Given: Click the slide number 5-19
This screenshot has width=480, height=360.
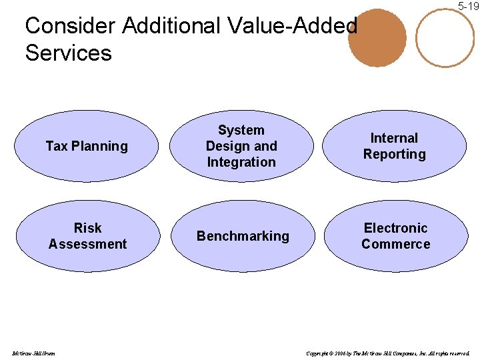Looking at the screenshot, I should [468, 6].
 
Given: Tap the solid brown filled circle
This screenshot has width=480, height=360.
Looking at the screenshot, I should [377, 38].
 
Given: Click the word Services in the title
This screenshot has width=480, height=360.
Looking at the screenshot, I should [68, 53].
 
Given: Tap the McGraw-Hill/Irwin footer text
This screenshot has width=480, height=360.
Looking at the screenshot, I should [33, 353].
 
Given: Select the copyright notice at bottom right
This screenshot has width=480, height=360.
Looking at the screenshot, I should [388, 353].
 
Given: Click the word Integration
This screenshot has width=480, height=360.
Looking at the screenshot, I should [241, 162].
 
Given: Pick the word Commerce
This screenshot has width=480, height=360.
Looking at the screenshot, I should [396, 244].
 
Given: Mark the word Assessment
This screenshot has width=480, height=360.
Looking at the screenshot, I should [87, 244].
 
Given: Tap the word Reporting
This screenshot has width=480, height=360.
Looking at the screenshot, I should [395, 154].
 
